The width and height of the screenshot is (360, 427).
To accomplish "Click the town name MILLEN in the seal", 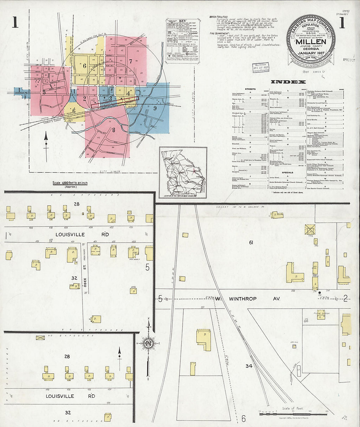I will click(x=311, y=42).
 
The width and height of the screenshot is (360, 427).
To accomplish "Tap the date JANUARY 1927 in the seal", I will click(x=311, y=53).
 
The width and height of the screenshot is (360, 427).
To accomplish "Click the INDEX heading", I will click(x=288, y=82).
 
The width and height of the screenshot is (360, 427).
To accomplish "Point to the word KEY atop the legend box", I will click(x=182, y=21).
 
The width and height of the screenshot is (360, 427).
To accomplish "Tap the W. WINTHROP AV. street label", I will click(x=252, y=299).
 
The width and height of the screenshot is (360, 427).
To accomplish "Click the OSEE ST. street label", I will click(x=85, y=282).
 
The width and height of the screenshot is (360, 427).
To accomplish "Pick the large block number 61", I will click(x=251, y=242).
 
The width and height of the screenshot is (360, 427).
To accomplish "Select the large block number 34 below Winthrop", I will click(x=249, y=366).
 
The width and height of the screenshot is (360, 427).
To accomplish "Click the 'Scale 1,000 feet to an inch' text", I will click(x=70, y=183).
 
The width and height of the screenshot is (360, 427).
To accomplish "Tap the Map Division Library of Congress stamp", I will click(x=261, y=67).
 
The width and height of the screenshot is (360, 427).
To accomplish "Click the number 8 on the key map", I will click(x=114, y=130).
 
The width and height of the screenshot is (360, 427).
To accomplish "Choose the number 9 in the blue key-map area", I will click(x=155, y=108).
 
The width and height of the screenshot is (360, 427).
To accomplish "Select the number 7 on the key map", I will click(x=130, y=61).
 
